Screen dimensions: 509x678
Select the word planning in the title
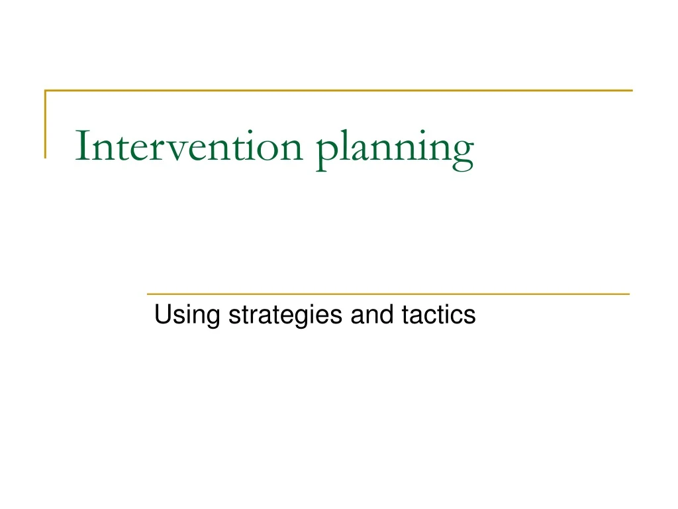click(395, 149)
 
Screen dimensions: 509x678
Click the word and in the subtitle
click(372, 315)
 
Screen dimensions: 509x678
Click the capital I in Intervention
click(81, 146)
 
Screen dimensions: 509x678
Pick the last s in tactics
click(470, 316)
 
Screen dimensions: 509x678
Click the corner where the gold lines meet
click(46, 90)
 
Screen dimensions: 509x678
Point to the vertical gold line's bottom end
click(46, 157)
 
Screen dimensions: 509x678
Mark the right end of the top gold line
click(632, 90)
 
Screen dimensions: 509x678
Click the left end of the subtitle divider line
click(148, 293)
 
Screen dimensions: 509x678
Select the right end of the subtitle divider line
click(628, 293)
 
